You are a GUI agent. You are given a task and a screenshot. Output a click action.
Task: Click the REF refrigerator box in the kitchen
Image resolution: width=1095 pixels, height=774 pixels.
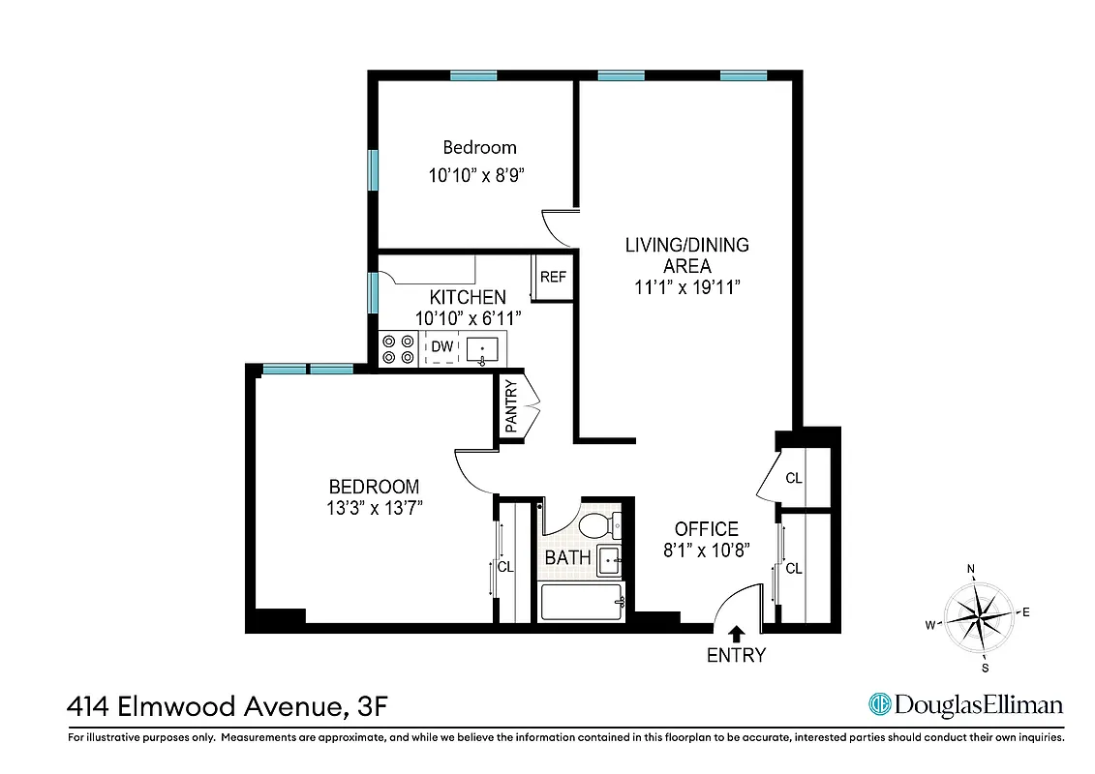(553, 278)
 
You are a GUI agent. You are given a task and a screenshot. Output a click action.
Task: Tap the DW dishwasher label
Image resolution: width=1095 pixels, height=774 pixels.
(441, 346)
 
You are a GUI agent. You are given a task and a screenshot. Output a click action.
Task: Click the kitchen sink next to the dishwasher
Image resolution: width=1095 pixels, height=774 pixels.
(482, 348)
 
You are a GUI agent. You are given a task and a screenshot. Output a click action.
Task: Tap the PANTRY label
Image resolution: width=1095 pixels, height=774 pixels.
(511, 406)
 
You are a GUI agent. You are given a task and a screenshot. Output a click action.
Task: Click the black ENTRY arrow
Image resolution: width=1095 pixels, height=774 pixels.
(736, 634)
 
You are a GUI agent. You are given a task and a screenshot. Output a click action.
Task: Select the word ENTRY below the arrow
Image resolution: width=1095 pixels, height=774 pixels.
(736, 656)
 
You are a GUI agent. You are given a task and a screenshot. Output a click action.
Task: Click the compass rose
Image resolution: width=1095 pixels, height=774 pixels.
(980, 616)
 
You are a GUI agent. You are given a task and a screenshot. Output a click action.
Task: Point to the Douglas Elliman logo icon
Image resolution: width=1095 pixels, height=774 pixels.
(879, 704)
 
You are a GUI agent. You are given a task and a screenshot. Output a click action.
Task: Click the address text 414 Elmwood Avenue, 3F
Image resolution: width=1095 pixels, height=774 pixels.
(228, 706)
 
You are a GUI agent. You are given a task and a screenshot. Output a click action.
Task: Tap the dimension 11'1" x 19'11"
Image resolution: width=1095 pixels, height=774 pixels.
(686, 287)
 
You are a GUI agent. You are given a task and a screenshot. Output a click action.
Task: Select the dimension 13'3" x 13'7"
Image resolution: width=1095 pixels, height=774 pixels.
(374, 507)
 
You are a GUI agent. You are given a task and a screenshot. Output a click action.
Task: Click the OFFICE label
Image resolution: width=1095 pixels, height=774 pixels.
(706, 529)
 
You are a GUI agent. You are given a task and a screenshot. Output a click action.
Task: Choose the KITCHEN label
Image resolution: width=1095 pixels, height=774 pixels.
(468, 297)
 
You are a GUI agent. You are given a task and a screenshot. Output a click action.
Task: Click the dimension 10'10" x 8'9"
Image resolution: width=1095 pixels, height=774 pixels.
(479, 176)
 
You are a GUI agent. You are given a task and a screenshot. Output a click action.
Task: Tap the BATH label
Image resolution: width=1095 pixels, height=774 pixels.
(567, 558)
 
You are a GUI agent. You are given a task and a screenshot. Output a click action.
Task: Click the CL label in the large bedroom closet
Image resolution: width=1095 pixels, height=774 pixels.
(505, 567)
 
